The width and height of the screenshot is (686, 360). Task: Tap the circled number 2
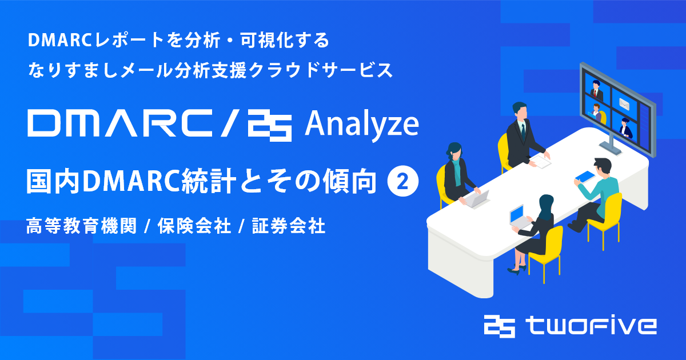(402, 182)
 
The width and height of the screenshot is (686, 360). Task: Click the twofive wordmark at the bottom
(591, 326)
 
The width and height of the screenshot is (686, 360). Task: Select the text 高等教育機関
(81, 226)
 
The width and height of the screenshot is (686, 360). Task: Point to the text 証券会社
(289, 226)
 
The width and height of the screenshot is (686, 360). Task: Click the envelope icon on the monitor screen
(624, 105)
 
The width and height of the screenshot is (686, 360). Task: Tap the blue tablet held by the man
(585, 177)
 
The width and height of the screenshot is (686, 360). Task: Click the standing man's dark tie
(523, 131)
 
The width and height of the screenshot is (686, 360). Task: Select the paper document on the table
(541, 161)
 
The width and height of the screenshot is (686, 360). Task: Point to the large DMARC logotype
(119, 123)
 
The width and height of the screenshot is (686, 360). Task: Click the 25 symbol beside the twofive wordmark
(500, 326)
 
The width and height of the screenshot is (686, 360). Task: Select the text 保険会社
(194, 226)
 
